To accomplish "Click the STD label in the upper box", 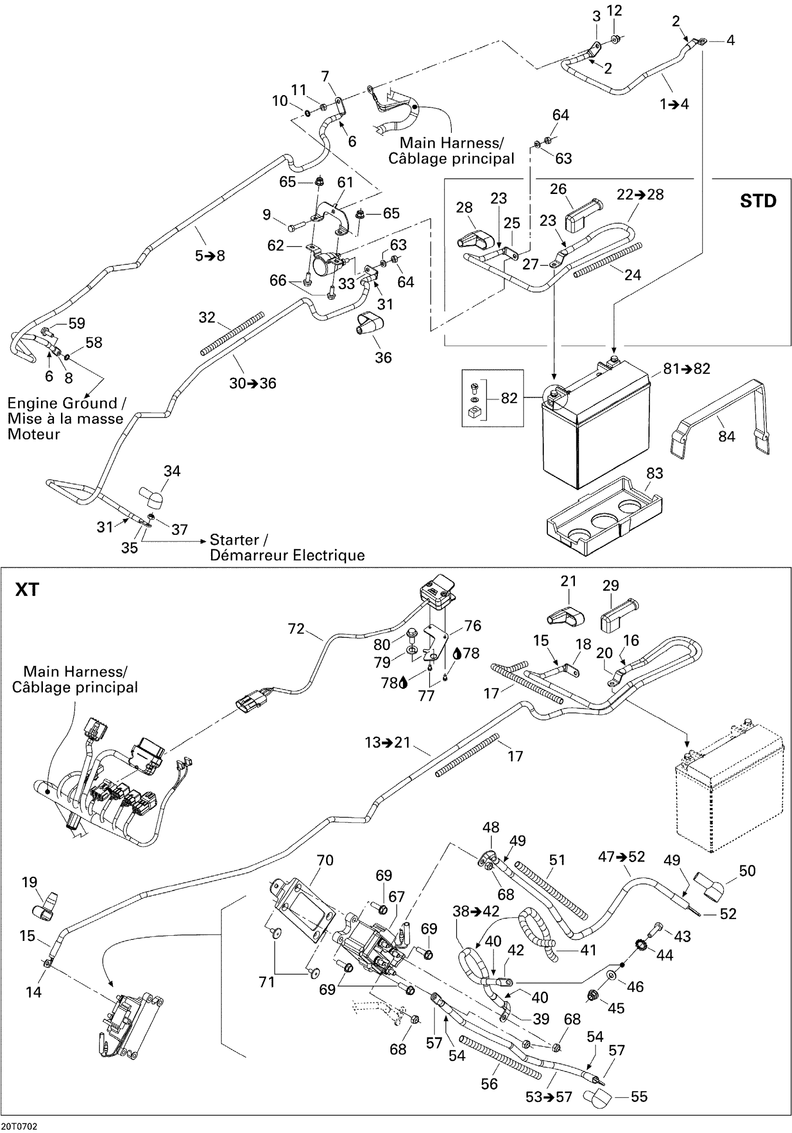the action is point(758,201).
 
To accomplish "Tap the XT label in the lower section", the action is point(27,589).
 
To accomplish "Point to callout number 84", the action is point(726,436).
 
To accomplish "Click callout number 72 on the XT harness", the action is point(296,629).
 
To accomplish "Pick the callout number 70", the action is point(325,860).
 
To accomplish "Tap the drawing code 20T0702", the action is point(19,1126).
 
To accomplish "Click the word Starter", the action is point(234,539).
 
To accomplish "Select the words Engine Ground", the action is point(62,403).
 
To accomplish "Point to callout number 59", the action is point(76,323).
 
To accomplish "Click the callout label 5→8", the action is point(210,256).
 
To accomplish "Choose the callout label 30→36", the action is point(253,383).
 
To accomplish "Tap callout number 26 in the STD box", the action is point(558,189).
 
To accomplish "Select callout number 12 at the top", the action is point(614,10).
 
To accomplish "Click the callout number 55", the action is point(639,1097).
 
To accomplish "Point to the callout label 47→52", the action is point(621,856).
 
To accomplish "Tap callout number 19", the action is point(30,882).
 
